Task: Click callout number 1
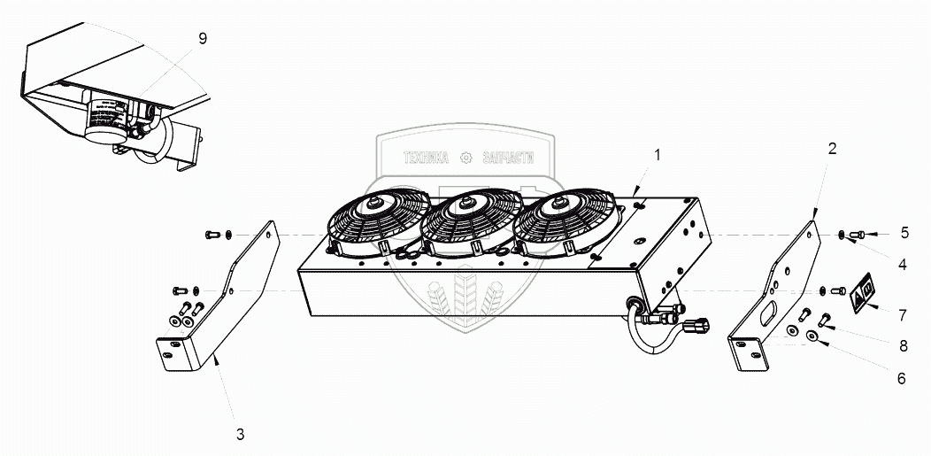pyautogui.click(x=657, y=156)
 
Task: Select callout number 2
pyautogui.click(x=831, y=149)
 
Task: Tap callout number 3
pyautogui.click(x=240, y=435)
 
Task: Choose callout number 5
pyautogui.click(x=904, y=234)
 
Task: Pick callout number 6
pyautogui.click(x=901, y=377)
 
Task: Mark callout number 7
pyautogui.click(x=902, y=314)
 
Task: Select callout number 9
pyautogui.click(x=203, y=39)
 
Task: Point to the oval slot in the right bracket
pyautogui.click(x=768, y=314)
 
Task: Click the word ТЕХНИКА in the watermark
pyautogui.click(x=427, y=158)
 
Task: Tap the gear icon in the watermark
pyautogui.click(x=467, y=158)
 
